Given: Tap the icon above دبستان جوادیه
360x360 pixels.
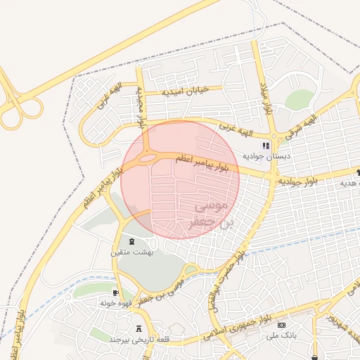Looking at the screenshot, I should [x=266, y=145].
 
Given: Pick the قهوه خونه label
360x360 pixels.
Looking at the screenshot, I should [x=115, y=302].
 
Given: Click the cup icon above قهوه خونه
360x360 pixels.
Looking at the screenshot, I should [x=115, y=292].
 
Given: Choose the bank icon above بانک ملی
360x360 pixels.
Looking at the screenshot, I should [x=282, y=326].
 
